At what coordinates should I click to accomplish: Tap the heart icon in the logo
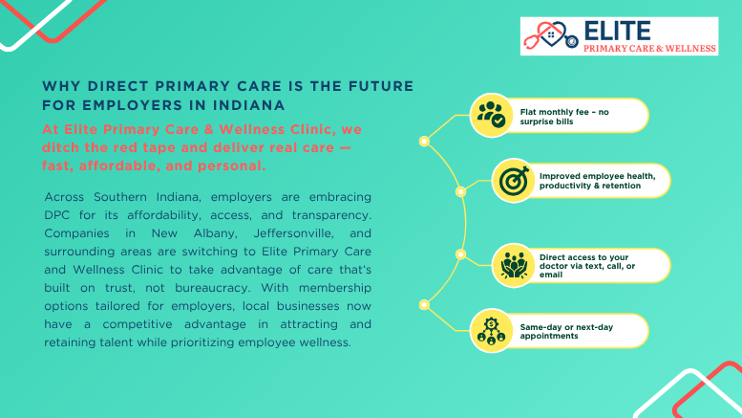546,36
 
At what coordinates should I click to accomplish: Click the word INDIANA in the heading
246,103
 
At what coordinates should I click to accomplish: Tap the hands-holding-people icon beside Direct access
513,264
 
